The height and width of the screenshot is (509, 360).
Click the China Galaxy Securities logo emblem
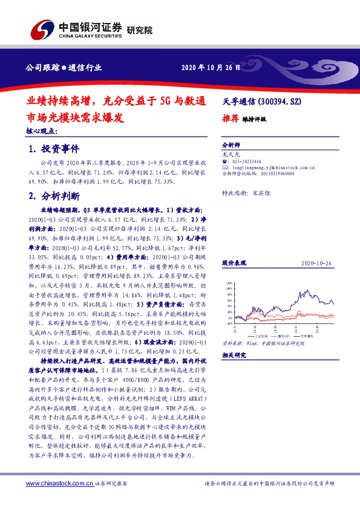(44, 28)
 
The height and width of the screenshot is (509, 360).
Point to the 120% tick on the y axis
(228, 282)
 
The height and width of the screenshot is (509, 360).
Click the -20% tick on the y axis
(228, 324)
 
